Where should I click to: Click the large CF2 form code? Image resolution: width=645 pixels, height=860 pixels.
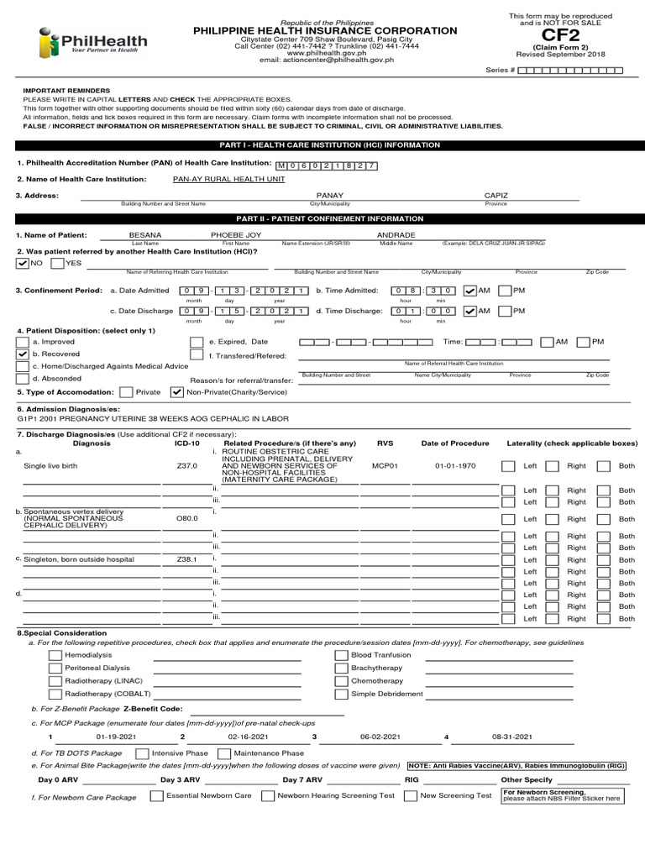[560, 35]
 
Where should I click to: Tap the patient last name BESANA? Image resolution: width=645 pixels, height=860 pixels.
[144, 235]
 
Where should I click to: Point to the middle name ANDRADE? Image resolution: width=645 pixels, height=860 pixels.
[396, 235]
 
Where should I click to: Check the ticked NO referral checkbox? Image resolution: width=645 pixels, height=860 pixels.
[23, 263]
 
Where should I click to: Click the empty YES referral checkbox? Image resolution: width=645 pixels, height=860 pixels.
[57, 263]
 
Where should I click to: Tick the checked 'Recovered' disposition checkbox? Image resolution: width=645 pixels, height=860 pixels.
[23, 354]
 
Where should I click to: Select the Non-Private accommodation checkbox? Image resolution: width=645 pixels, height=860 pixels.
[176, 392]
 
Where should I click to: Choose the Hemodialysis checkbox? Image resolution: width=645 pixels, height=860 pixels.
[55, 654]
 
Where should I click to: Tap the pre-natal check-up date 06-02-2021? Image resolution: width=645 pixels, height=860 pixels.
[377, 737]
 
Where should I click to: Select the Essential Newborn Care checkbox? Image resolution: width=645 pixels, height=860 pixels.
[156, 795]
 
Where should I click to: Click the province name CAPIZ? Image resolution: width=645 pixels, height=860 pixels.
[496, 195]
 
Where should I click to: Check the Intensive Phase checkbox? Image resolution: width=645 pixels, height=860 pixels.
[142, 753]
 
